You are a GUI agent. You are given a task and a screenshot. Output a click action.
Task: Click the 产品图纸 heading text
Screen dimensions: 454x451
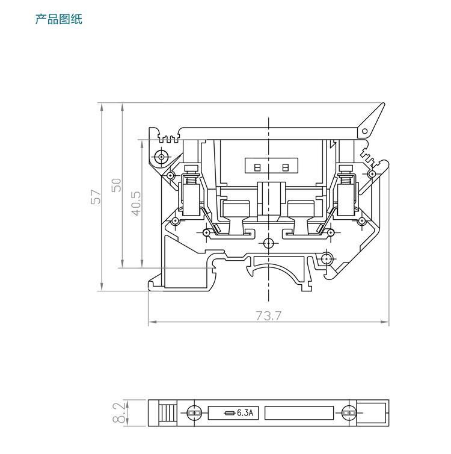point(58,20)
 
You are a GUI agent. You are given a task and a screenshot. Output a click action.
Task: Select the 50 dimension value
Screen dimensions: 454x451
point(117,184)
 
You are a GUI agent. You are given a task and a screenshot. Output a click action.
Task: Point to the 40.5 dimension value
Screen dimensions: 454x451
point(136,204)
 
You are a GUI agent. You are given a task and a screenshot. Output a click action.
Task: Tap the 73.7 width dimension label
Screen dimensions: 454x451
point(268,316)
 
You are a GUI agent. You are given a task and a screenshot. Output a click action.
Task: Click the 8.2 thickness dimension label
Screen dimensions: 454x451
point(120,413)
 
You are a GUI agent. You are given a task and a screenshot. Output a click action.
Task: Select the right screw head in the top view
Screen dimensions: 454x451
point(348,413)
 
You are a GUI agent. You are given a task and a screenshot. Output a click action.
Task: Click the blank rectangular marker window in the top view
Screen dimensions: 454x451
point(299,413)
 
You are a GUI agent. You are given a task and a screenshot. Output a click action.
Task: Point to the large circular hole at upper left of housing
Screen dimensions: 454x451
point(160,157)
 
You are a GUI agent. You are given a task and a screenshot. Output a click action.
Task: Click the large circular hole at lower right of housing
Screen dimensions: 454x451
point(325,259)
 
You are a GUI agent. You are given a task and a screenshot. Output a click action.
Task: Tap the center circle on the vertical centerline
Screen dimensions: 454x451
point(268,243)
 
